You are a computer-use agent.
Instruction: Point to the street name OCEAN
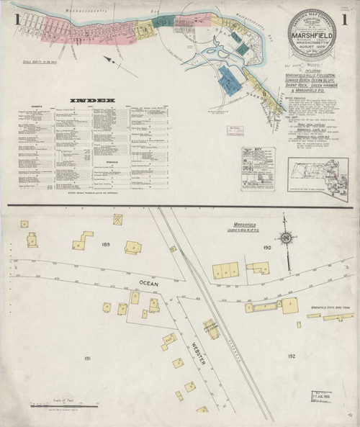pos(146,283)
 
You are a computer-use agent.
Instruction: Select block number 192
pos(291,356)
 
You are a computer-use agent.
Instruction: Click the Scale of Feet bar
pos(65,403)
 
